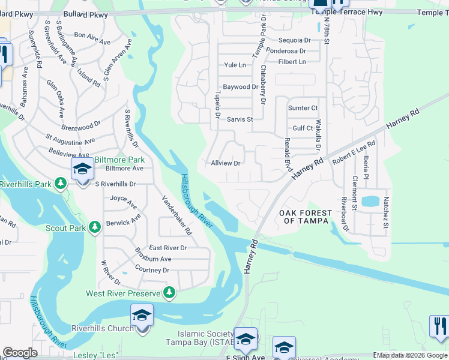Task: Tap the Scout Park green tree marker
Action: point(94,227)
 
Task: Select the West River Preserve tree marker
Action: point(170,292)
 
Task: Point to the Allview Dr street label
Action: point(226,163)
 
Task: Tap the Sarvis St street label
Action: point(240,119)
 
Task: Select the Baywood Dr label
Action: point(240,87)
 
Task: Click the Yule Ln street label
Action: point(235,65)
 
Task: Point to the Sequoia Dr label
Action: point(295,40)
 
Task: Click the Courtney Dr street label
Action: point(152,270)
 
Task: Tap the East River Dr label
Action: point(168,248)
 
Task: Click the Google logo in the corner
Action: point(20,353)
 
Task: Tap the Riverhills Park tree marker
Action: point(60,182)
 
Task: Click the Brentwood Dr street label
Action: point(81,127)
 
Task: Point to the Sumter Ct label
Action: point(303,108)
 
